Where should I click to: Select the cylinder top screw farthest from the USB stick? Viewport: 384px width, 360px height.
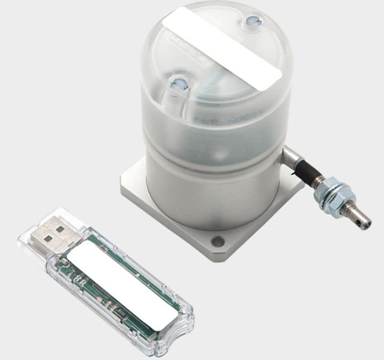tap(251, 23)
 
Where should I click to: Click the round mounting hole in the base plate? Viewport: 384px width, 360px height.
tap(218, 242)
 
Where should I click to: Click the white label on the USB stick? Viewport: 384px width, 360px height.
tap(124, 288)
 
